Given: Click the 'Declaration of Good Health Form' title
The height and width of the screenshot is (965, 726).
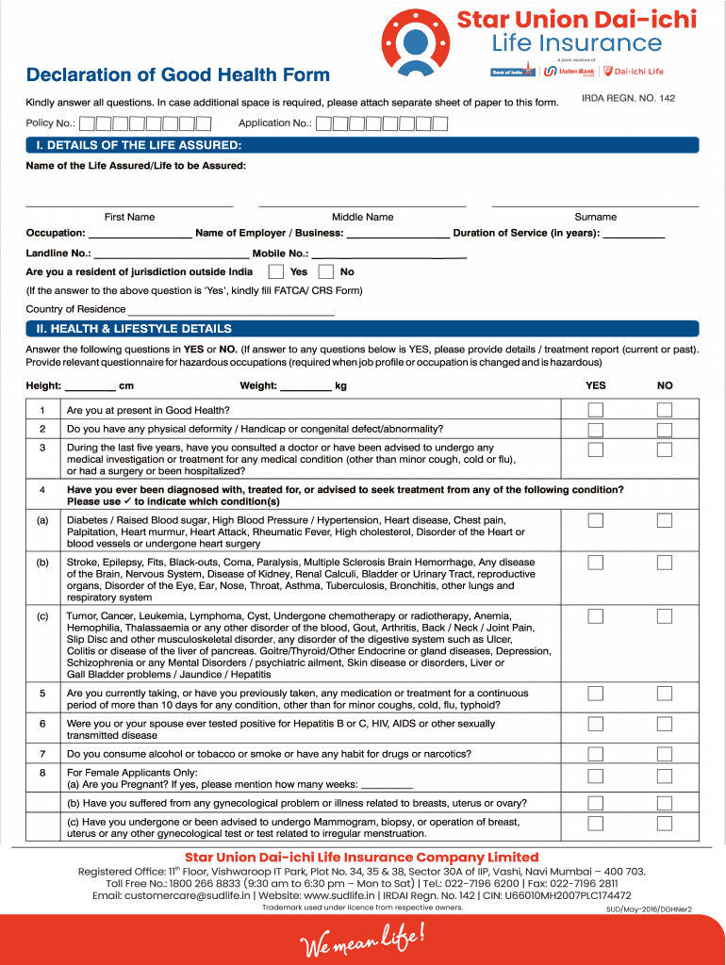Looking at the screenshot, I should pyautogui.click(x=178, y=75).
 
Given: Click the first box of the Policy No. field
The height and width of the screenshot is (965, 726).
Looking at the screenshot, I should pyautogui.click(x=86, y=123).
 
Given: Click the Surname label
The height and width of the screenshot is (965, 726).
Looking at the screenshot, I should pyautogui.click(x=595, y=217).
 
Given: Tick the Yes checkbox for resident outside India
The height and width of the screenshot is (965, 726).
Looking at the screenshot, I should pyautogui.click(x=275, y=271).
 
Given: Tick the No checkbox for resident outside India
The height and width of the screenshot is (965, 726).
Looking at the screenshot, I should pyautogui.click(x=325, y=271).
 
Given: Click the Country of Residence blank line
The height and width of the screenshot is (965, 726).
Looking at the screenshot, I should pyautogui.click(x=231, y=309).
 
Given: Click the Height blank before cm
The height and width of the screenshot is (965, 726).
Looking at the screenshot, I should pyautogui.click(x=91, y=385).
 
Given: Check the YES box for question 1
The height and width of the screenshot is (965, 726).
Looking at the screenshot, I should pyautogui.click(x=596, y=410).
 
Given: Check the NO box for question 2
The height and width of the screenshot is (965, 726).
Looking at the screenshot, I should pyautogui.click(x=665, y=428).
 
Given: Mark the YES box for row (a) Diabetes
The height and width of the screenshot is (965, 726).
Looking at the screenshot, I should pyautogui.click(x=596, y=520).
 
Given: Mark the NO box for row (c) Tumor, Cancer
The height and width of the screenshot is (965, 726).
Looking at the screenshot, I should pyautogui.click(x=665, y=616).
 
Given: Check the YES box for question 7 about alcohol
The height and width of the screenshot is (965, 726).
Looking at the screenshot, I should pyautogui.click(x=596, y=754).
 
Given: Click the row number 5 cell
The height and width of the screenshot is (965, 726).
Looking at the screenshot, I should pyautogui.click(x=42, y=694).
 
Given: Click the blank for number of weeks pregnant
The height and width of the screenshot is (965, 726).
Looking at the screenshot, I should pyautogui.click(x=388, y=784).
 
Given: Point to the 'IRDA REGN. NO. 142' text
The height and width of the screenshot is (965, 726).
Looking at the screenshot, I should pyautogui.click(x=629, y=98).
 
